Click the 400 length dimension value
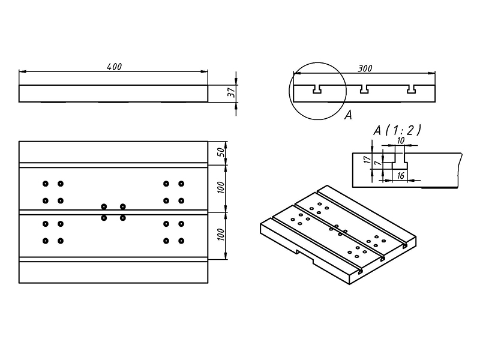coord(114,67)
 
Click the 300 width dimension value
coord(364,68)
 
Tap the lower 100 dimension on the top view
coord(220,235)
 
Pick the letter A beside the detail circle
coord(347,116)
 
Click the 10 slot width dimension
coord(400,140)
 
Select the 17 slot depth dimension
coord(366,160)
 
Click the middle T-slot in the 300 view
coord(364,89)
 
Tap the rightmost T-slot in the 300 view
coord(412,89)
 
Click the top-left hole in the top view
coord(46,184)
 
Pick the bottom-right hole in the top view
coord(181,241)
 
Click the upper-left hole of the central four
coord(104,206)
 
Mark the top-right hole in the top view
coord(181,184)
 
